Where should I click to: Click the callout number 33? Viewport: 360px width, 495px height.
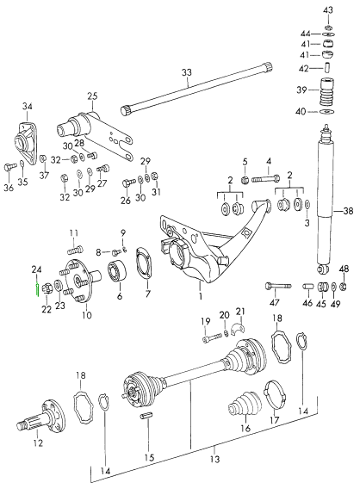point(188,75)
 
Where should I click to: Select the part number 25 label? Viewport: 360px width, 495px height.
point(92,96)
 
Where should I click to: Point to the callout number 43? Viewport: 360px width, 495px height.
point(327,9)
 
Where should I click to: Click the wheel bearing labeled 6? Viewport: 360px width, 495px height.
point(113,276)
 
